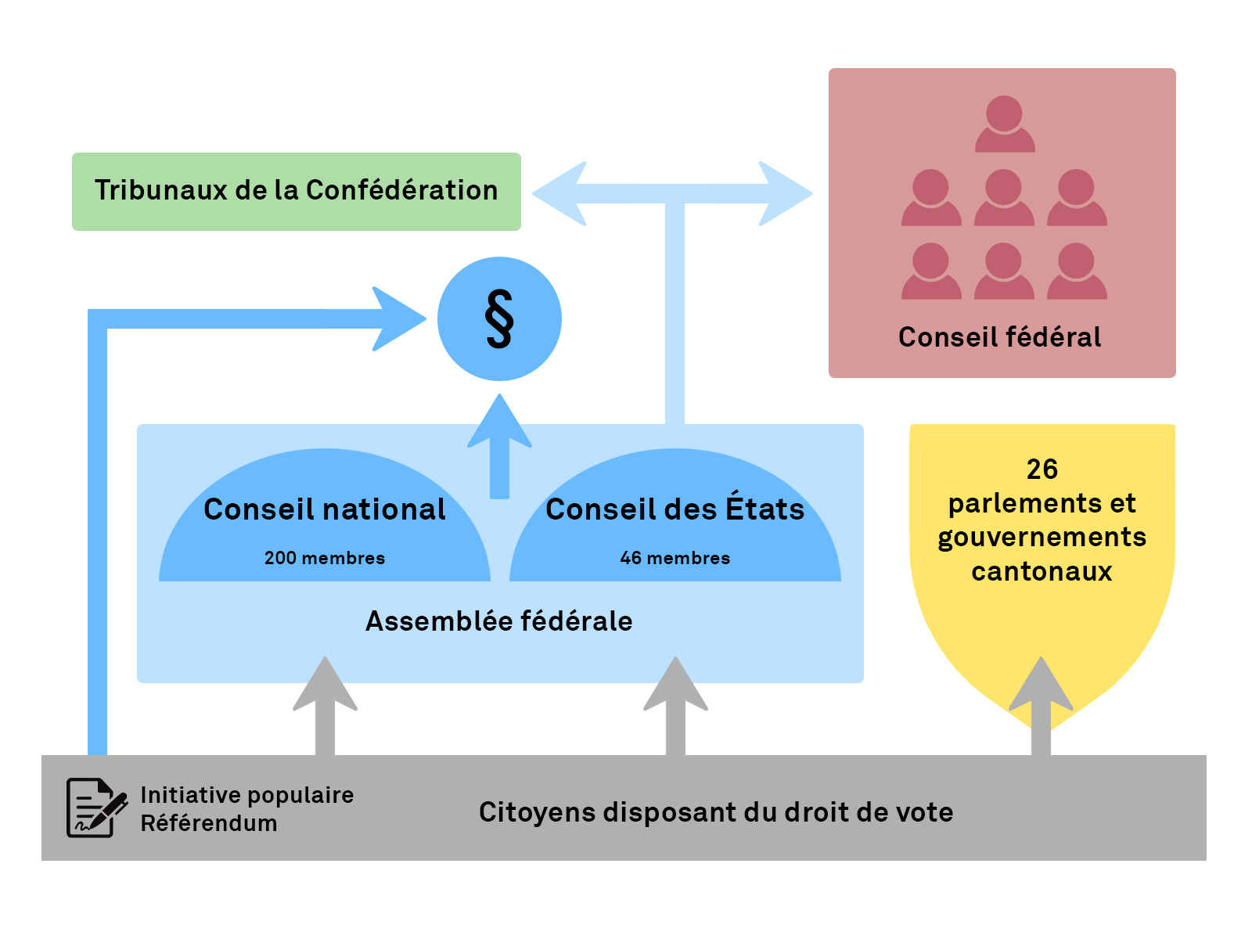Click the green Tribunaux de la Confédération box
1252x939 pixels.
click(296, 191)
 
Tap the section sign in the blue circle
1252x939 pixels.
click(499, 318)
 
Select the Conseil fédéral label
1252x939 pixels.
click(999, 337)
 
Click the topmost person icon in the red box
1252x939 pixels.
click(1005, 124)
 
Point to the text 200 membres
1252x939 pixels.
click(325, 558)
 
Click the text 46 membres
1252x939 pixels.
click(675, 558)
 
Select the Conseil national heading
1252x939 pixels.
click(325, 509)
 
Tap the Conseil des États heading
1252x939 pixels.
click(675, 509)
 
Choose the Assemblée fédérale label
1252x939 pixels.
click(499, 621)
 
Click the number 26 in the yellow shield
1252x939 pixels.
click(1042, 469)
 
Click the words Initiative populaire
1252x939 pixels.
click(246, 795)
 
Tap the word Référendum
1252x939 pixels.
click(209, 823)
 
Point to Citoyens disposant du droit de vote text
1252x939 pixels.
click(716, 812)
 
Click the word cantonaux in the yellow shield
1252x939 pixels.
click(1042, 572)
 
